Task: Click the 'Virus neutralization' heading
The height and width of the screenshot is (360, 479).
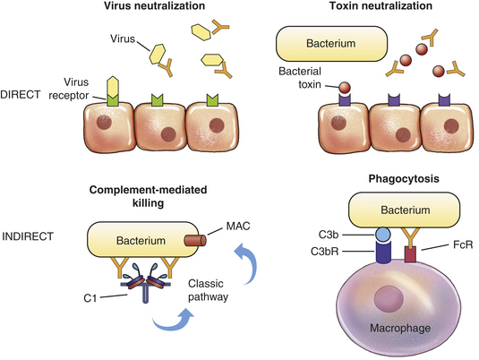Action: (154, 5)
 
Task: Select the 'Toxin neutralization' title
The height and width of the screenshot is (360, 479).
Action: (381, 5)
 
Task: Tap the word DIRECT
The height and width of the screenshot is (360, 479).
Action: (21, 95)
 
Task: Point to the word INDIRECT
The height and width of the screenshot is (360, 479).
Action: (28, 236)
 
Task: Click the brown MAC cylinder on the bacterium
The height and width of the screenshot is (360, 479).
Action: (195, 241)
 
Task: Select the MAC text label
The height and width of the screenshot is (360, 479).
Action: (238, 227)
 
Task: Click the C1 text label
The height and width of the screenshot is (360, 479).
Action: (90, 298)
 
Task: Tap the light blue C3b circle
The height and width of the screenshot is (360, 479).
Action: (383, 235)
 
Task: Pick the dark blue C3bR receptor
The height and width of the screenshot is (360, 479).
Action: (383, 253)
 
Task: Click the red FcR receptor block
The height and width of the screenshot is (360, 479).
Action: (410, 254)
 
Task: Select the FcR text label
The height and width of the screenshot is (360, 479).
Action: (463, 244)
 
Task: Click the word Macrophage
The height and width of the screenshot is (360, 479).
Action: (400, 329)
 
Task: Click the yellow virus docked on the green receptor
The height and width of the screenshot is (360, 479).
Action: (113, 87)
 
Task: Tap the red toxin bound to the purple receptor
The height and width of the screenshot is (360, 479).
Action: (346, 88)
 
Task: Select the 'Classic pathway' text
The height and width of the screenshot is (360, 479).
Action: (208, 290)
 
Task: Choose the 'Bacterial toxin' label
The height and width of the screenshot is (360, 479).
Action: (300, 78)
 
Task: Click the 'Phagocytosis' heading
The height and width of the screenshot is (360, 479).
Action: (404, 179)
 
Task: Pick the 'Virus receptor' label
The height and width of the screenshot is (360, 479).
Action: (69, 89)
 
